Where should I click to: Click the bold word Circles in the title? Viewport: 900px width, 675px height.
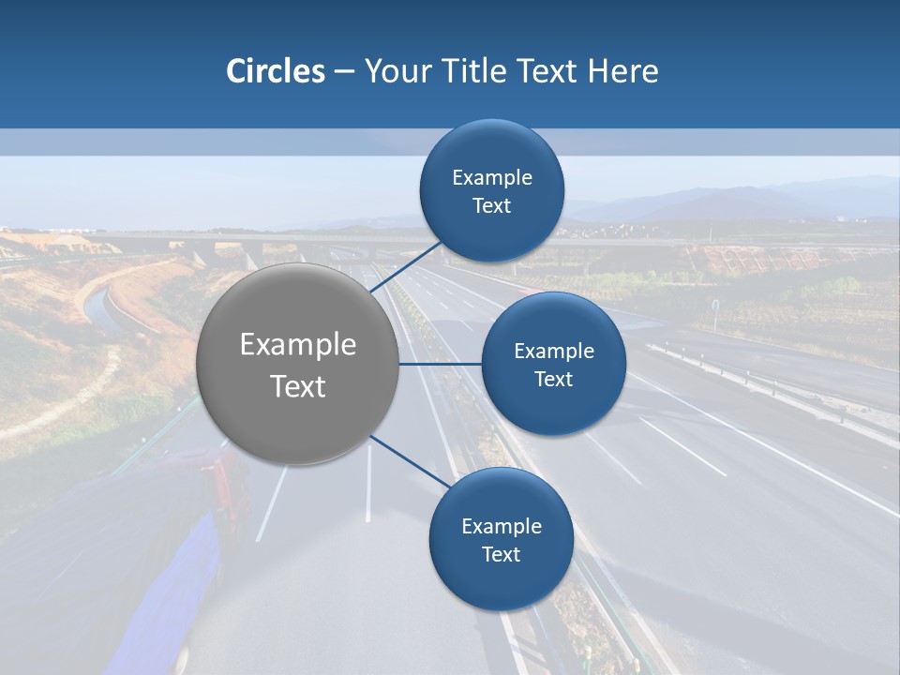pyautogui.click(x=276, y=71)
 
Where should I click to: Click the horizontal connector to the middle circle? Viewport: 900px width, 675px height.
pyautogui.click(x=441, y=364)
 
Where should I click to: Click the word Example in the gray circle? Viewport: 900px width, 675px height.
pyautogui.click(x=298, y=345)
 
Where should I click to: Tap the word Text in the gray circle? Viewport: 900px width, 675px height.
pyautogui.click(x=298, y=386)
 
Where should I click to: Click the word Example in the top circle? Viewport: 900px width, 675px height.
pyautogui.click(x=492, y=178)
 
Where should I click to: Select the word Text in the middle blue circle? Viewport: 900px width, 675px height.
pyautogui.click(x=553, y=380)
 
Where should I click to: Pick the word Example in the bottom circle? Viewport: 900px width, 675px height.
pyautogui.click(x=501, y=527)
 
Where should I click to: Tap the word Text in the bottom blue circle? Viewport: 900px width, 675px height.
pyautogui.click(x=501, y=555)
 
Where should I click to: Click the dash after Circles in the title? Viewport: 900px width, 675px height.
pyautogui.click(x=344, y=72)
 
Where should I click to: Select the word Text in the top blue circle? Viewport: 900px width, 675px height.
pyautogui.click(x=492, y=206)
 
